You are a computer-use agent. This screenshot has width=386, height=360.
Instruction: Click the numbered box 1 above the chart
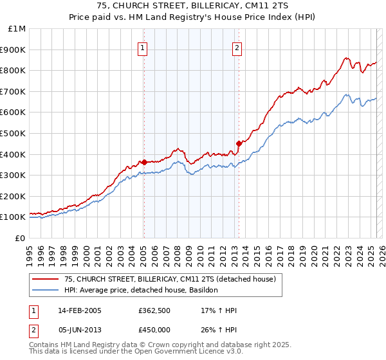click(x=142, y=47)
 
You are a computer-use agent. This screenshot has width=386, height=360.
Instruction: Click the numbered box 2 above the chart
click(x=237, y=47)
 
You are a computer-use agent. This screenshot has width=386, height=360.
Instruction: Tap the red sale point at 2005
click(x=144, y=162)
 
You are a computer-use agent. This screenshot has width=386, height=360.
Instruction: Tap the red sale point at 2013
click(x=239, y=143)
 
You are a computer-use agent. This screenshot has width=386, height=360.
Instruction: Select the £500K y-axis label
click(x=13, y=133)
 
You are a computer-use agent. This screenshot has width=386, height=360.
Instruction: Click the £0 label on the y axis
click(x=19, y=238)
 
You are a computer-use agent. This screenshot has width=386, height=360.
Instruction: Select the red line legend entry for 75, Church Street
click(x=170, y=279)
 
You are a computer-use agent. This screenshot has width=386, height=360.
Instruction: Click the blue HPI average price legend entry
click(x=142, y=291)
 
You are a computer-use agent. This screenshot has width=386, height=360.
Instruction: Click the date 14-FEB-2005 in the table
click(x=80, y=311)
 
